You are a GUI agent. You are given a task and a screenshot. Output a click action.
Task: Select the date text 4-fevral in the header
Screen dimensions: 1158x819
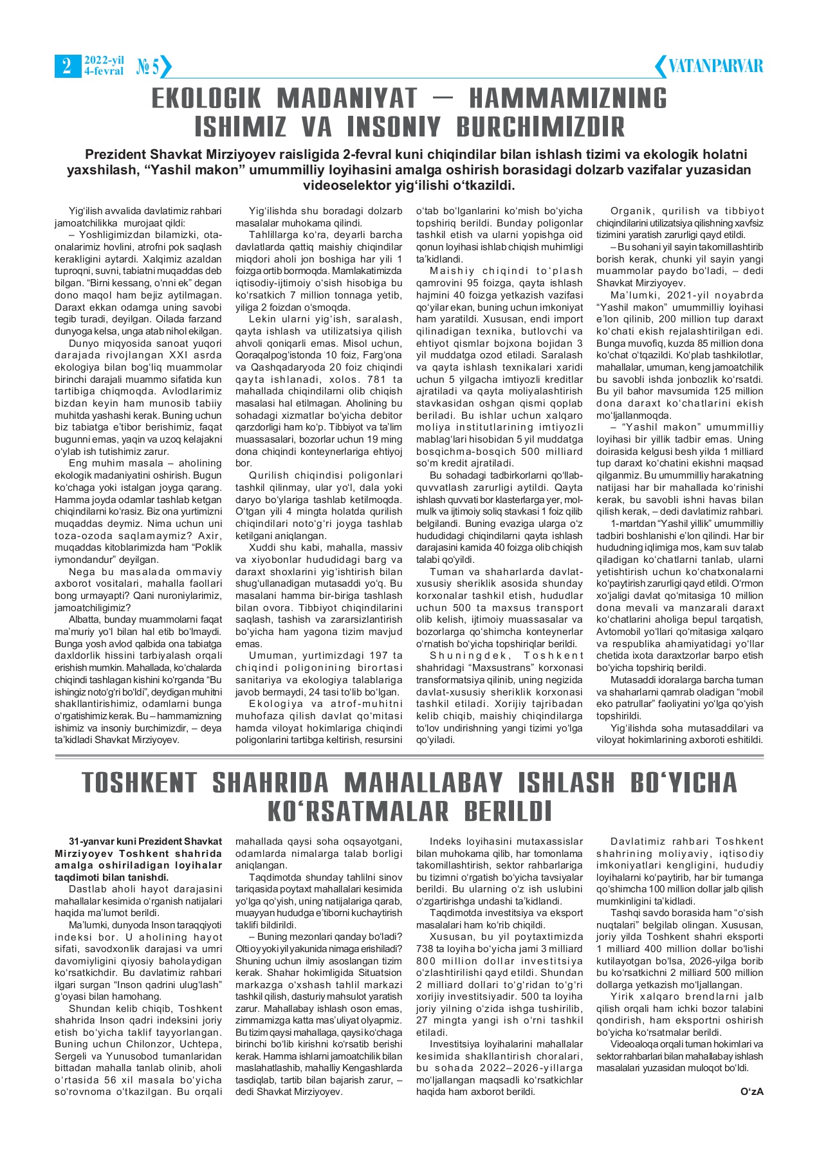[x=104, y=71]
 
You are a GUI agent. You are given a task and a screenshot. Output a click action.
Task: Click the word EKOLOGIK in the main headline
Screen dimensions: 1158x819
[x=206, y=99]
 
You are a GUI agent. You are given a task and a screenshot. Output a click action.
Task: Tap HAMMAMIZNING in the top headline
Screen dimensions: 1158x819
[x=568, y=99]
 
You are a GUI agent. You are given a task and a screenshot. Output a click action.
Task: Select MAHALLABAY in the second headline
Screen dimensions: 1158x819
[x=423, y=783]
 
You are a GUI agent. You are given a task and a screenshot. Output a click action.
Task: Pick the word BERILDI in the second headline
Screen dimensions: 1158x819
[x=508, y=811]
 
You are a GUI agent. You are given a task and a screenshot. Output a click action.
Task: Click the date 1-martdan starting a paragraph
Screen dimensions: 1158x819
[x=632, y=524]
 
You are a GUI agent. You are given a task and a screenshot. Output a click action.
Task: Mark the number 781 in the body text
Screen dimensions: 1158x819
[x=376, y=380]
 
